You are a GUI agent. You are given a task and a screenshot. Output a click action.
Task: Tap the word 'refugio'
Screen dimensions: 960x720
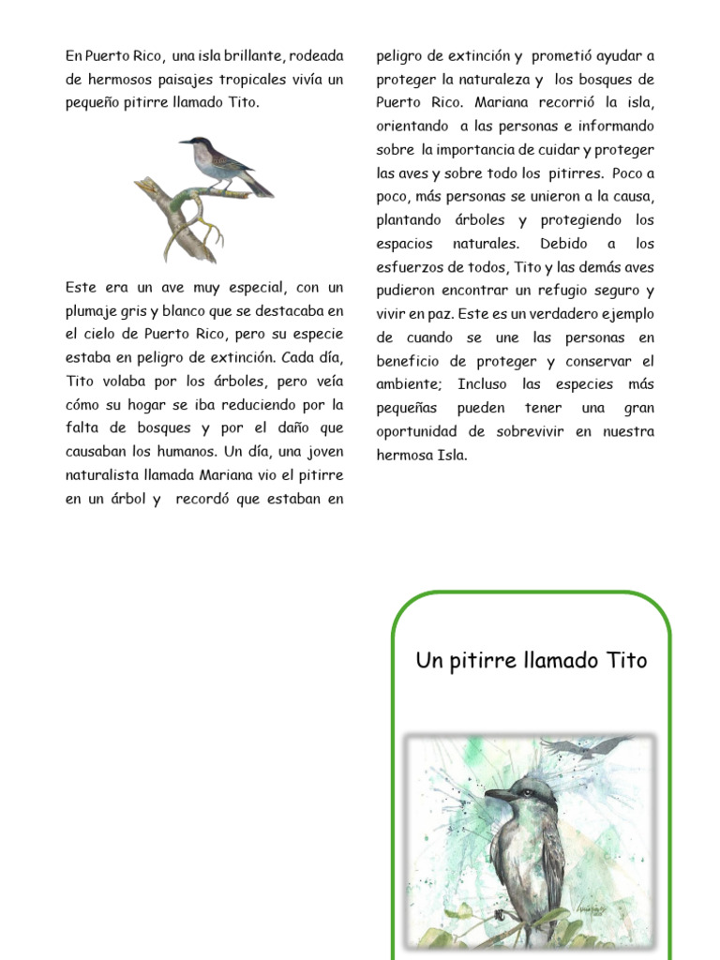(564, 291)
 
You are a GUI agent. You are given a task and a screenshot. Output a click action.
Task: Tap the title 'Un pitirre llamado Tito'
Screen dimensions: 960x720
(531, 661)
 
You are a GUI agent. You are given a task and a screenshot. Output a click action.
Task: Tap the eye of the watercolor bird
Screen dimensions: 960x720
(526, 791)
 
